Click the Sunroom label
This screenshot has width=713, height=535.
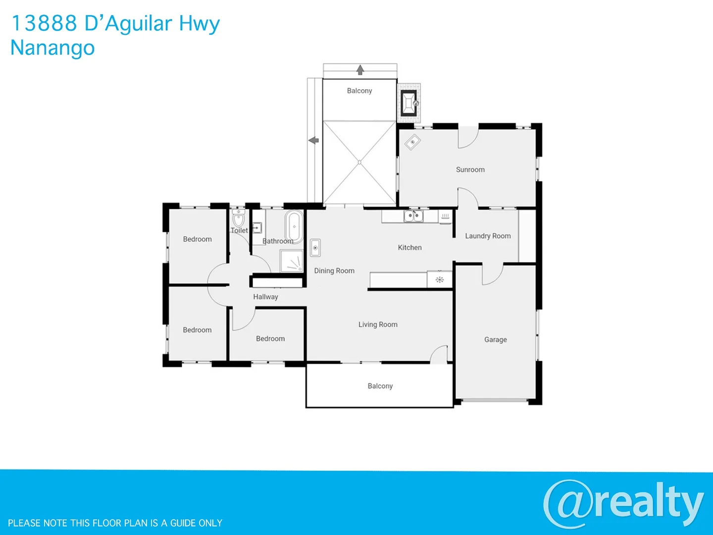[470, 169]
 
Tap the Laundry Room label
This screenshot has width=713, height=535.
[488, 236]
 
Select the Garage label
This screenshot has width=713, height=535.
[495, 339]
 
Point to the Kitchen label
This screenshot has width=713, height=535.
[409, 247]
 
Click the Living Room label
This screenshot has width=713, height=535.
[378, 324]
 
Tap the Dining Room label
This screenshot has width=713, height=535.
[334, 270]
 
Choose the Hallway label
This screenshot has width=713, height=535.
[265, 297]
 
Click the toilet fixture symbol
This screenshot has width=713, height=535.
[239, 218]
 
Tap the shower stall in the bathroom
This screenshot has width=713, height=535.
[292, 261]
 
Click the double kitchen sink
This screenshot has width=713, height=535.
[413, 216]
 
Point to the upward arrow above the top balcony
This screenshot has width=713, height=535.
[360, 70]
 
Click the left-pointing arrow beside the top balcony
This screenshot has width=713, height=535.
[313, 141]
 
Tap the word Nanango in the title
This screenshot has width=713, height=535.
[52, 48]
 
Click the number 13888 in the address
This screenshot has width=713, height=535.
[44, 23]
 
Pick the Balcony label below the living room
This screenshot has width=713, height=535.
[380, 386]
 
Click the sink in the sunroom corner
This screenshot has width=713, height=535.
[412, 143]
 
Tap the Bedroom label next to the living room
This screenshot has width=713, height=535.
[270, 339]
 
